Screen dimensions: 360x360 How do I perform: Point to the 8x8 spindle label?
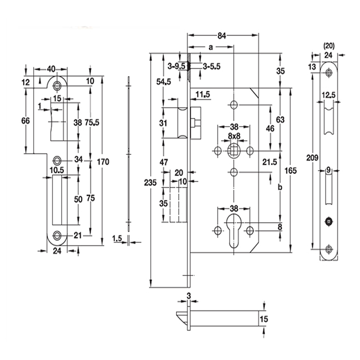point(234,135)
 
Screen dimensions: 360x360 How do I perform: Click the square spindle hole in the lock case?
point(234,149)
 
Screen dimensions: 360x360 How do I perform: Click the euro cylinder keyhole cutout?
point(234,230)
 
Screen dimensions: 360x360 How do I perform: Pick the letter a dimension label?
point(211,46)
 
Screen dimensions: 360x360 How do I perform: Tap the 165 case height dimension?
point(291,171)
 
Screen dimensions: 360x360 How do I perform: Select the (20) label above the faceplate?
point(329,45)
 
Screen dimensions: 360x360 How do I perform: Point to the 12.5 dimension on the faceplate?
point(328,95)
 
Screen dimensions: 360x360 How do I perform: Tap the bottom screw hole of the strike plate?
point(57,234)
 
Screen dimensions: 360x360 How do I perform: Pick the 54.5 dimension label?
point(164,81)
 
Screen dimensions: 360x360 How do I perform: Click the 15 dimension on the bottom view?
point(264,319)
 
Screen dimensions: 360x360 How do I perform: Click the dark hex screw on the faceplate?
point(328,221)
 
